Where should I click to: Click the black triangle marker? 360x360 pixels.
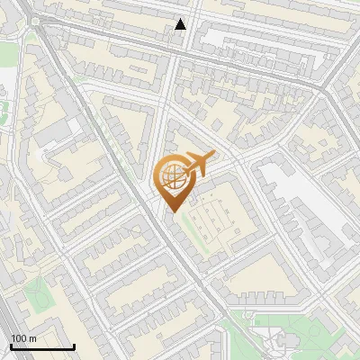tap(181, 24)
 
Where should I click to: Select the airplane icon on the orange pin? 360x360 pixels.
tap(199, 163)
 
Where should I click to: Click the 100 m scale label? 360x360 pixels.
tap(23, 337)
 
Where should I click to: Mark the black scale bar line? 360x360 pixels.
tap(41, 346)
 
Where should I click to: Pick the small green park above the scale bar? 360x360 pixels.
tap(36, 292)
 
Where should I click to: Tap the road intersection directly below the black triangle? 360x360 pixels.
tap(176, 50)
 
